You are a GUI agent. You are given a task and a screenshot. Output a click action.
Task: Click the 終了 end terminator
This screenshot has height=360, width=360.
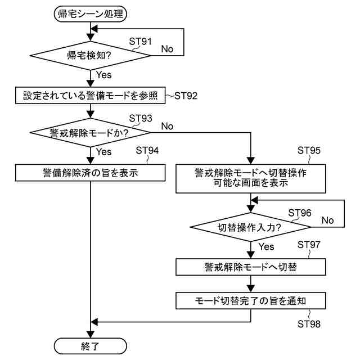[90, 344]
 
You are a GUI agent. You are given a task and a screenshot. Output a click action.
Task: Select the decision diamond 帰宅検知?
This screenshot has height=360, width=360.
[90, 55]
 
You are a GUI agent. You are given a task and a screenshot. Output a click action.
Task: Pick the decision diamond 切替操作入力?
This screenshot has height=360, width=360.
[250, 227]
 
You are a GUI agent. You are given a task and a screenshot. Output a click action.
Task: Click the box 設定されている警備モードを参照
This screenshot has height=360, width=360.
[90, 95]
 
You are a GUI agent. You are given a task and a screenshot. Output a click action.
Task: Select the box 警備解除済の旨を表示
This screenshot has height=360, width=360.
[90, 172]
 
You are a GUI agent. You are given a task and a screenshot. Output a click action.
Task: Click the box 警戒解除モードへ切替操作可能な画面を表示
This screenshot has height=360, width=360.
[250, 177]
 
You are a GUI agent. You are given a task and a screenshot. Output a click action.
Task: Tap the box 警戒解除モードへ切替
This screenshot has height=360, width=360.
[250, 267]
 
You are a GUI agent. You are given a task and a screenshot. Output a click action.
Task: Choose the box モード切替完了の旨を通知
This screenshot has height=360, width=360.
[250, 301]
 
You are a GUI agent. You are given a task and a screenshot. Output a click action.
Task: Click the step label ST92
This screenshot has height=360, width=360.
[186, 96]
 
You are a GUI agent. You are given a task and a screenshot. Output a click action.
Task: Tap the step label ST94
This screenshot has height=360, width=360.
[147, 151]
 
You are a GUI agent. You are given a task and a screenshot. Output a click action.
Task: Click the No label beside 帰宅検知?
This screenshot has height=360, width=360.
[167, 49]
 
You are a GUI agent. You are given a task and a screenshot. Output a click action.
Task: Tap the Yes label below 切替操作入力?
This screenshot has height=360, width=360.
[265, 246]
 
